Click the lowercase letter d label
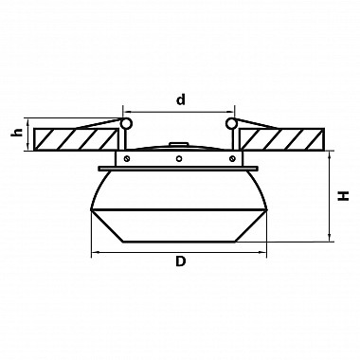(x=181, y=99)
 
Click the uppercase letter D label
(x=180, y=261)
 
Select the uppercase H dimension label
(x=343, y=196)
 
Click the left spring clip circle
(x=126, y=123)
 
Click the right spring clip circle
(x=231, y=123)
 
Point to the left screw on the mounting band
(x=126, y=158)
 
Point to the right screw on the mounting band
(x=232, y=158)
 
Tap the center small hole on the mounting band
(x=179, y=158)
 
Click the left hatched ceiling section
(x=77, y=139)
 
